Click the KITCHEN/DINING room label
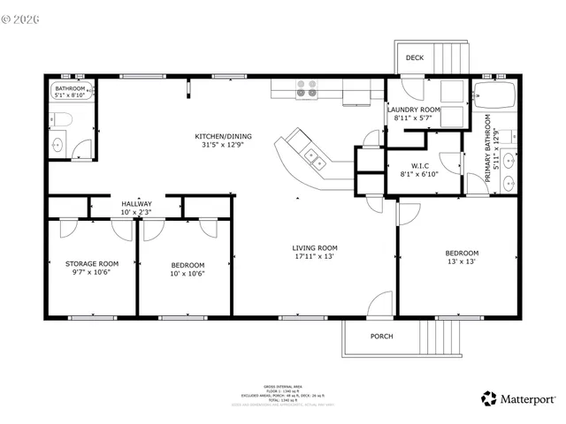[x=224, y=136]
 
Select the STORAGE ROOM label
[x=91, y=263]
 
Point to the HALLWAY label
[x=136, y=203]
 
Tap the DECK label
[x=414, y=58]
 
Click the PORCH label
[x=382, y=337]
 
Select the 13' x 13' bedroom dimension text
[x=461, y=262]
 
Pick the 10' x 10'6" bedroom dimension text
[x=187, y=274]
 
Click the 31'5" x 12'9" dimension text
[x=224, y=145]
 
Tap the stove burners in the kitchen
[x=307, y=87]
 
